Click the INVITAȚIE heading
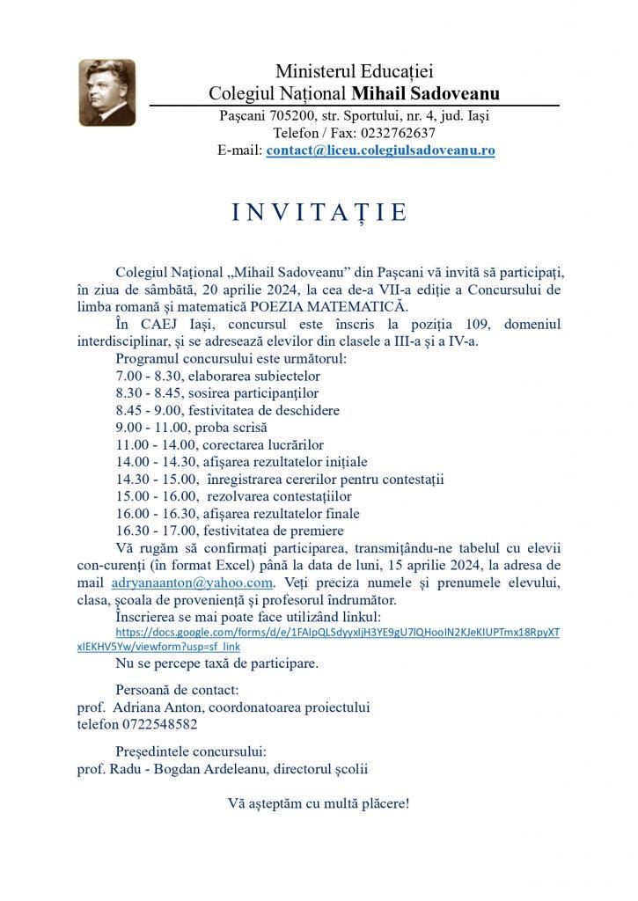pyautogui.click(x=319, y=213)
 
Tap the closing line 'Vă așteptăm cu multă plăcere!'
pyautogui.click(x=319, y=804)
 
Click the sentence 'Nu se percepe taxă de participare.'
pyautogui.click(x=217, y=661)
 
